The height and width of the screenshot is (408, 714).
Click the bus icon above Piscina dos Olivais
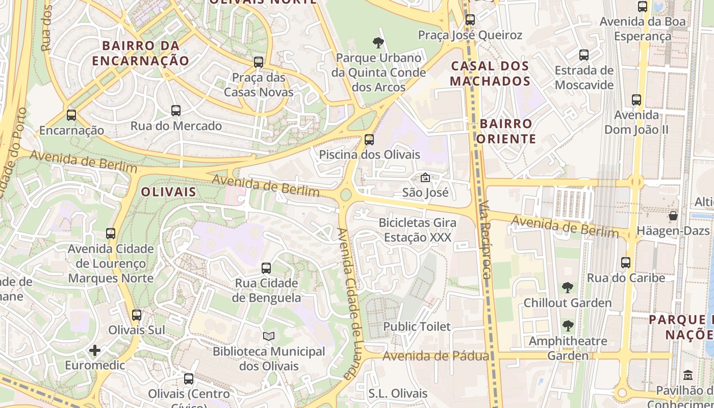(369, 139)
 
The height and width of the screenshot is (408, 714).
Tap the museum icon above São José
(425, 177)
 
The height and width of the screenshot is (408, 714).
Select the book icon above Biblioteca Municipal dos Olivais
(268, 336)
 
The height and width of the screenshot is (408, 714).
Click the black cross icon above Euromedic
(94, 350)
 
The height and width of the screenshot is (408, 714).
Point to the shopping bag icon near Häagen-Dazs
(673, 216)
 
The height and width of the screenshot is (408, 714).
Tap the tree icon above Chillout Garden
(567, 288)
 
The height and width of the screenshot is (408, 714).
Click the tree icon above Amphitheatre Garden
(567, 326)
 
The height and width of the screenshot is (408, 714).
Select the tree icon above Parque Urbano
(378, 42)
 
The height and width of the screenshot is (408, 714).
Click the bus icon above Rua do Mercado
(176, 110)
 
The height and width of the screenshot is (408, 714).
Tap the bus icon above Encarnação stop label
(71, 115)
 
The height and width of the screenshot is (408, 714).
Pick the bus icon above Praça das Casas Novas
(259, 62)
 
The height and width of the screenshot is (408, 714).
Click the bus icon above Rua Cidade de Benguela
(266, 268)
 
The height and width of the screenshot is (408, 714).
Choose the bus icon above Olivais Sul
(136, 315)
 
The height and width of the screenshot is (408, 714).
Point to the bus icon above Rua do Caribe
(626, 263)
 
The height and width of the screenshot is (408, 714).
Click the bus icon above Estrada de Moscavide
(584, 55)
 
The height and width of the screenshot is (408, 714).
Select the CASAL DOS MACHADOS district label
(490, 73)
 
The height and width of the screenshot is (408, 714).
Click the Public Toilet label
(417, 326)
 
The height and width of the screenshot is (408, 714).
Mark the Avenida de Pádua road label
(436, 356)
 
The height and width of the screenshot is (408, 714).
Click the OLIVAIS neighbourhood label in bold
(168, 192)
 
